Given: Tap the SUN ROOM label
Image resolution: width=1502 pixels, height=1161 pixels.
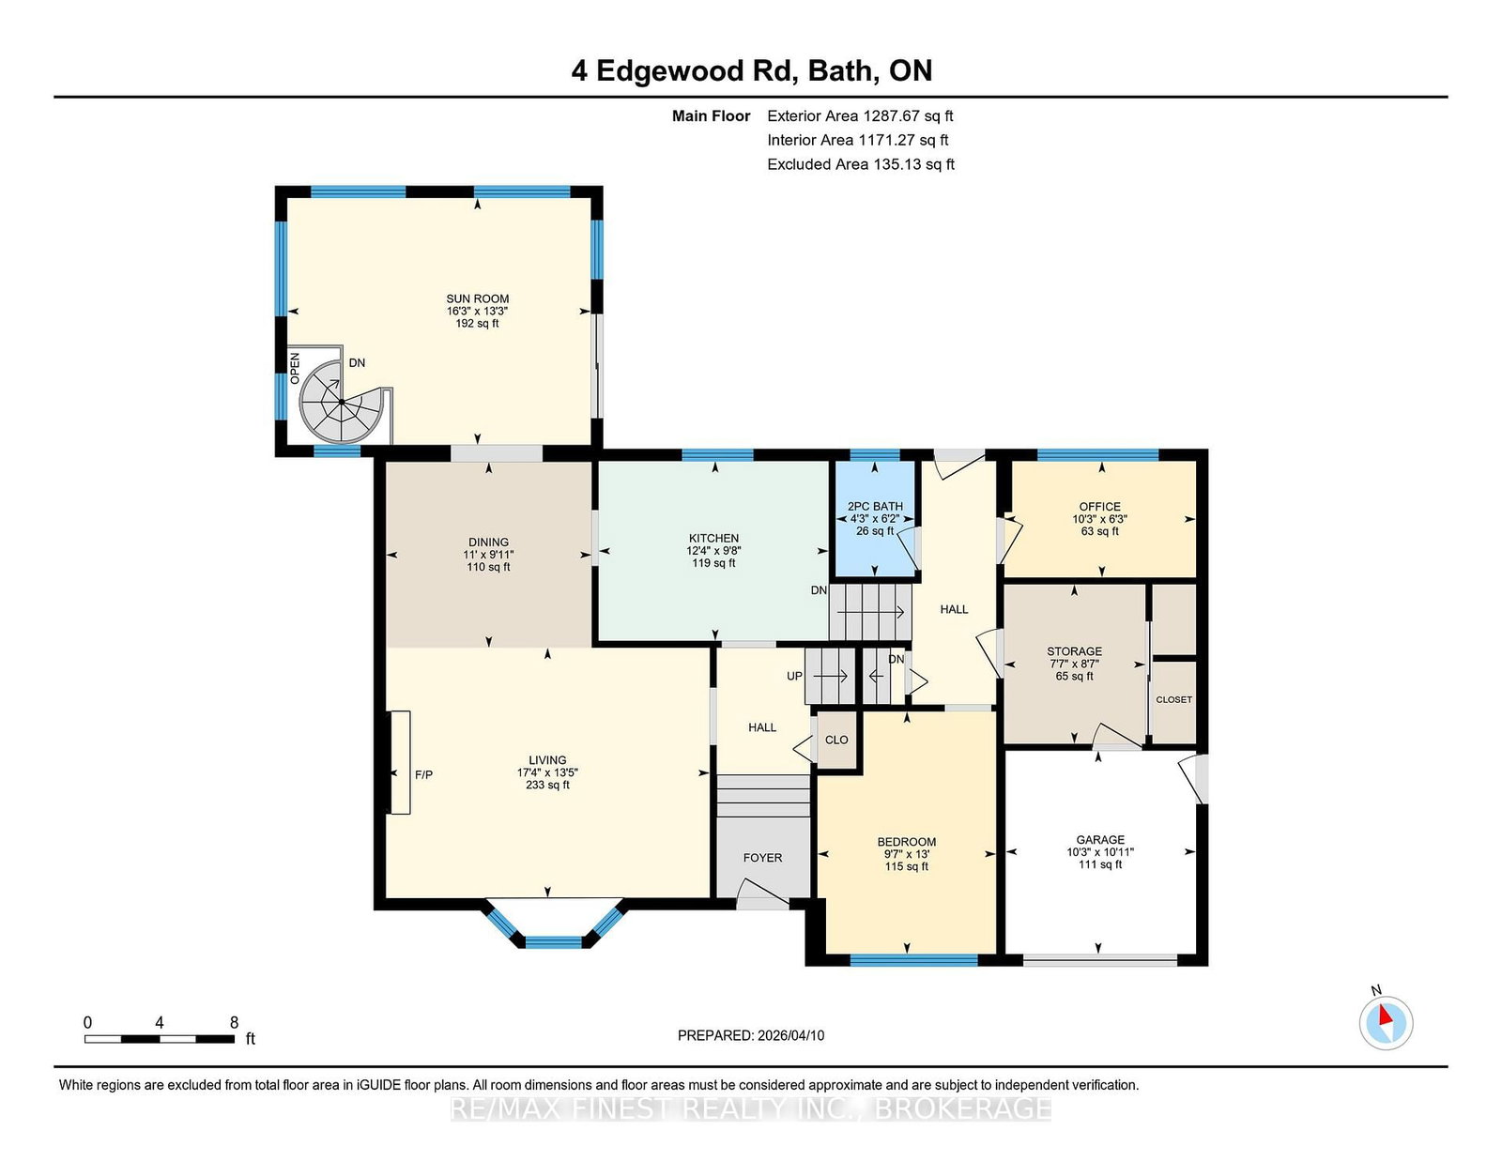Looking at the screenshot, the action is (477, 298).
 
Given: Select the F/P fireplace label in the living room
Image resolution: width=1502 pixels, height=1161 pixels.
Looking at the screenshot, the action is (423, 774).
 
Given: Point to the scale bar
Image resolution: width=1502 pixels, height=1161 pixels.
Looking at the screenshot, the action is (160, 1038).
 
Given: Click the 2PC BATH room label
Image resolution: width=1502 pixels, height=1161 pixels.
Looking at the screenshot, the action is (874, 506).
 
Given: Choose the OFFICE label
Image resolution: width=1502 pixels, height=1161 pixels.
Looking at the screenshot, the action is (1099, 507).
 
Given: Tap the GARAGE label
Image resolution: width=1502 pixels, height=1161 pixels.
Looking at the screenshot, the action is (1099, 840).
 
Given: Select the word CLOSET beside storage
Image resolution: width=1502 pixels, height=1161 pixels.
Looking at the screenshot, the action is (1173, 699).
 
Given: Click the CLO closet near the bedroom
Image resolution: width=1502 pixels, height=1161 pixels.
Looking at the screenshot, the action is (836, 740).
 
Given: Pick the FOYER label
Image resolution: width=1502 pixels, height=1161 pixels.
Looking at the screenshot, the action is (762, 858).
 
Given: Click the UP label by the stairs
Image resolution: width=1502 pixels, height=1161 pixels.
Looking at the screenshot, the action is (794, 676).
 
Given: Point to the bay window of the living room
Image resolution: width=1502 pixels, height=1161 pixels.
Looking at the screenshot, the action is (554, 924).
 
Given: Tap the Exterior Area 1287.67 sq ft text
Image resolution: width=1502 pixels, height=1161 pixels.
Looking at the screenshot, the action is (860, 116).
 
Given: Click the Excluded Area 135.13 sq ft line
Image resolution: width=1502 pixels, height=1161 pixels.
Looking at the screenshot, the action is (861, 164).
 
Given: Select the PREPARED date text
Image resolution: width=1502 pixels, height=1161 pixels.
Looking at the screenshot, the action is (751, 1035).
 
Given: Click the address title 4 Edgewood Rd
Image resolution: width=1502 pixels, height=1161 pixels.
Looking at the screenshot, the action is (684, 70).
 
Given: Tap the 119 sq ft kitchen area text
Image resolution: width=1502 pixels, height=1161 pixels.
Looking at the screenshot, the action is (713, 563).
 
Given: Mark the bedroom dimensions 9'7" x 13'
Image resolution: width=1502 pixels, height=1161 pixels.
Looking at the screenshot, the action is (906, 854).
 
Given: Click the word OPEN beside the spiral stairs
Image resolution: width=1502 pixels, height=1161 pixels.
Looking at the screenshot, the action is (295, 368).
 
